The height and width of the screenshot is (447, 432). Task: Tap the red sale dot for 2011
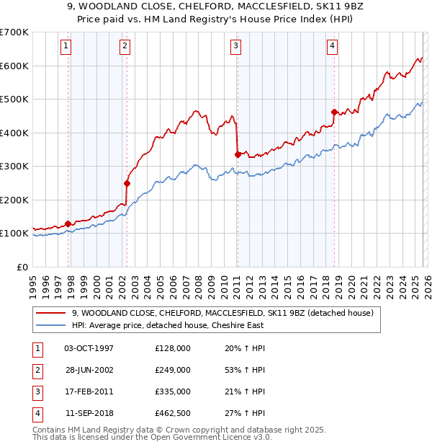coord(238,154)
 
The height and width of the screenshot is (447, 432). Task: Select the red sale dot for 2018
coord(334,112)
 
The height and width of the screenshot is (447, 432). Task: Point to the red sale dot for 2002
coord(127,183)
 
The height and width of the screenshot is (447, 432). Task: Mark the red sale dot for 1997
coord(68,223)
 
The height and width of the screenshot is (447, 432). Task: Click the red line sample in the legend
coord(51,314)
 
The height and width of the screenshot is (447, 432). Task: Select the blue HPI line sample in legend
coord(51,326)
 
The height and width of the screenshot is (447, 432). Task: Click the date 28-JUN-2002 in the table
coord(89,370)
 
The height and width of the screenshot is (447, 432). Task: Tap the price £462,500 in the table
coord(173,413)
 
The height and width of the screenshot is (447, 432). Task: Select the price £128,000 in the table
coord(173,348)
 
